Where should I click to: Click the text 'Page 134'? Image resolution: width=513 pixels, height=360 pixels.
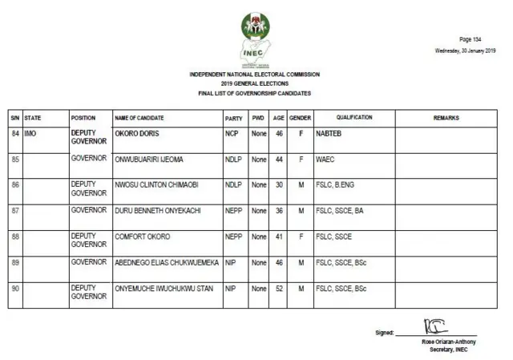point(471,39)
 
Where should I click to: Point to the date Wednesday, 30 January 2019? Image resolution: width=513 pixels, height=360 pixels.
point(465,50)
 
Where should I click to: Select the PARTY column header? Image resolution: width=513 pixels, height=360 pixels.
point(233,118)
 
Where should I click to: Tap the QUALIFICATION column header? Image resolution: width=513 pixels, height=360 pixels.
point(353,118)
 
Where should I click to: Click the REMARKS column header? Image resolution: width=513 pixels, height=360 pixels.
point(446,118)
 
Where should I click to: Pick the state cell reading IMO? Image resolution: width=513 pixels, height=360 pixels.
point(31,133)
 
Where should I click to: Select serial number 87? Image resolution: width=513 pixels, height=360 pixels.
point(15,211)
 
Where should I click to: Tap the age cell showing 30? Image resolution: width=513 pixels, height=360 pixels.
point(278,184)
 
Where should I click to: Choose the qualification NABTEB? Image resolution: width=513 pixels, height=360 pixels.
point(330,133)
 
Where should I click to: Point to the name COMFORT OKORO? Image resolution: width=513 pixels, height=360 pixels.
point(143,237)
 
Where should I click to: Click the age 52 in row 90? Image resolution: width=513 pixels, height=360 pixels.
point(278,288)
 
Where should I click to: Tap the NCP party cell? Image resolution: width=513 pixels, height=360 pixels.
point(231,133)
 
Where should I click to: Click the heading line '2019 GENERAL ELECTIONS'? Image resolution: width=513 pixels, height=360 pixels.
point(254,84)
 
